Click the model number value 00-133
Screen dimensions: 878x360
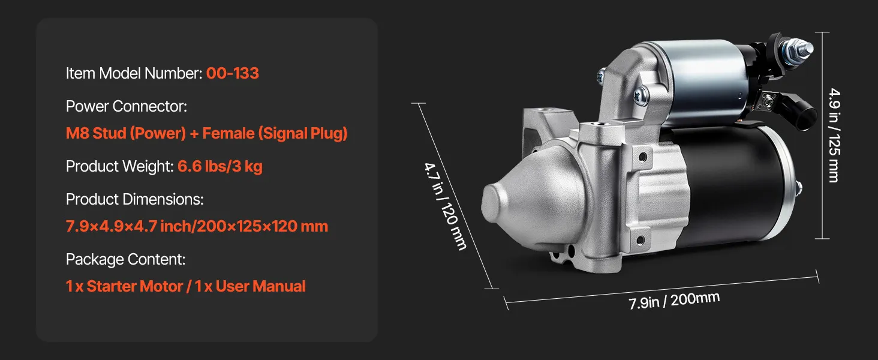click(x=233, y=73)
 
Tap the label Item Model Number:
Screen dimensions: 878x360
click(x=134, y=73)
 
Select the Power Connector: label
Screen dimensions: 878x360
click(x=126, y=106)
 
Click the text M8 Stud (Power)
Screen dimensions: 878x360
click(x=126, y=133)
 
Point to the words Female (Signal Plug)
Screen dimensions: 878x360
click(x=275, y=133)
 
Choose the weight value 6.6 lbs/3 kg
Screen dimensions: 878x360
click(x=220, y=166)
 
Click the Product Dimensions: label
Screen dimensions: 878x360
click(x=135, y=199)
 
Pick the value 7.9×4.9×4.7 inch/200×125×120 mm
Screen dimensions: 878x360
click(x=197, y=226)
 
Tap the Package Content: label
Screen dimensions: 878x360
click(x=125, y=259)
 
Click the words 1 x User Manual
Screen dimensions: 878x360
click(x=250, y=286)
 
